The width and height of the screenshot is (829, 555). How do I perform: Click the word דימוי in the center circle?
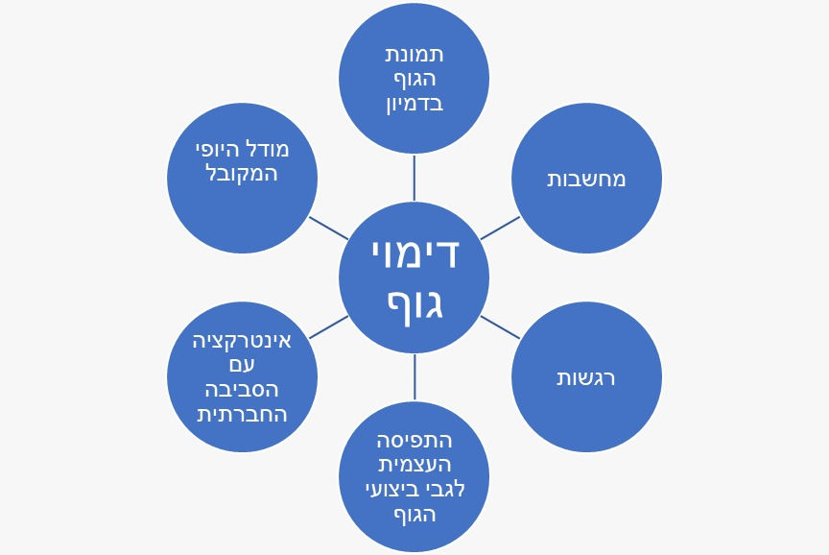point(414,253)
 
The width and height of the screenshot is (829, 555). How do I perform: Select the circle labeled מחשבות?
point(586,179)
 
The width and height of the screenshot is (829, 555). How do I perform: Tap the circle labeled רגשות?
point(586,377)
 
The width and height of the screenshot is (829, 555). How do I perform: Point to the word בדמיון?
point(414,103)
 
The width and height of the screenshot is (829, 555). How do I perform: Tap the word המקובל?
point(242,175)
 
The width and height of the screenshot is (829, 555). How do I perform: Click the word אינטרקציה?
point(242,341)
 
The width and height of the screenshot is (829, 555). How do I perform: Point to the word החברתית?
point(242,415)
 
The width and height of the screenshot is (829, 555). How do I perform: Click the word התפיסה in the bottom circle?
point(414,441)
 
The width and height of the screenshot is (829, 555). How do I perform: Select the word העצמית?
point(414,466)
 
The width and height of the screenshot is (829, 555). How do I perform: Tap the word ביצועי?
point(392,490)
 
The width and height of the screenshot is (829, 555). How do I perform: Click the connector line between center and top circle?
point(414,177)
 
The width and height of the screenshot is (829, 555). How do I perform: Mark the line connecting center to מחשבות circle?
point(500,228)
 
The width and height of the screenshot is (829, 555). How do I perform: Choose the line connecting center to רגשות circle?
point(500,327)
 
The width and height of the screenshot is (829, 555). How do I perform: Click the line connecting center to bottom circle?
point(414,376)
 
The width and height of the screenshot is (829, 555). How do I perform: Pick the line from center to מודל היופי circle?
point(328,228)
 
